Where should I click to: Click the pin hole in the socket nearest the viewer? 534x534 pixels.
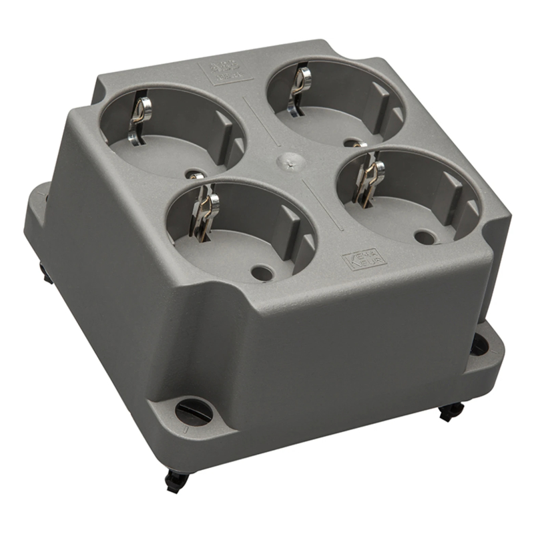[262, 272]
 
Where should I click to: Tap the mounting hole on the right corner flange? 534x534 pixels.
[479, 345]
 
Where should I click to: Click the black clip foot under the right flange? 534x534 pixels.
[451, 411]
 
